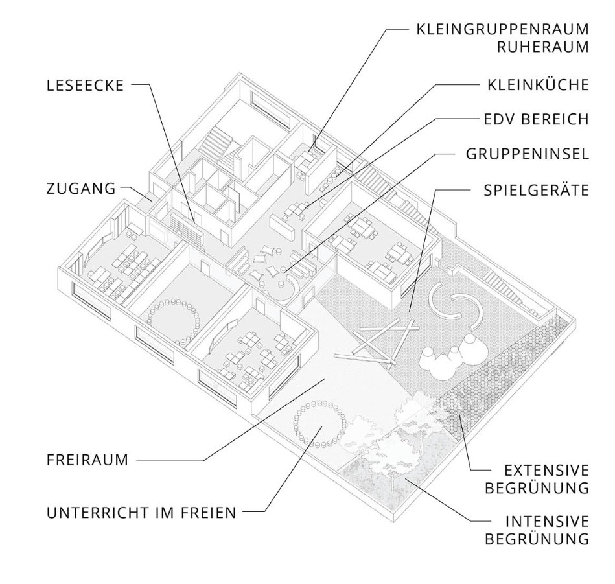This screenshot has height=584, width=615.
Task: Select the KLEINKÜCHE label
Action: click(x=538, y=85)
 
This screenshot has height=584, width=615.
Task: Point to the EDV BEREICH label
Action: click(x=536, y=119)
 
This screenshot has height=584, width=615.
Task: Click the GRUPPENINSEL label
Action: click(x=527, y=154)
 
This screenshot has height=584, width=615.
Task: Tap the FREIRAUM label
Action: click(x=87, y=461)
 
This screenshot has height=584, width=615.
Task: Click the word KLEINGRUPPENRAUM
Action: click(x=502, y=30)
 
